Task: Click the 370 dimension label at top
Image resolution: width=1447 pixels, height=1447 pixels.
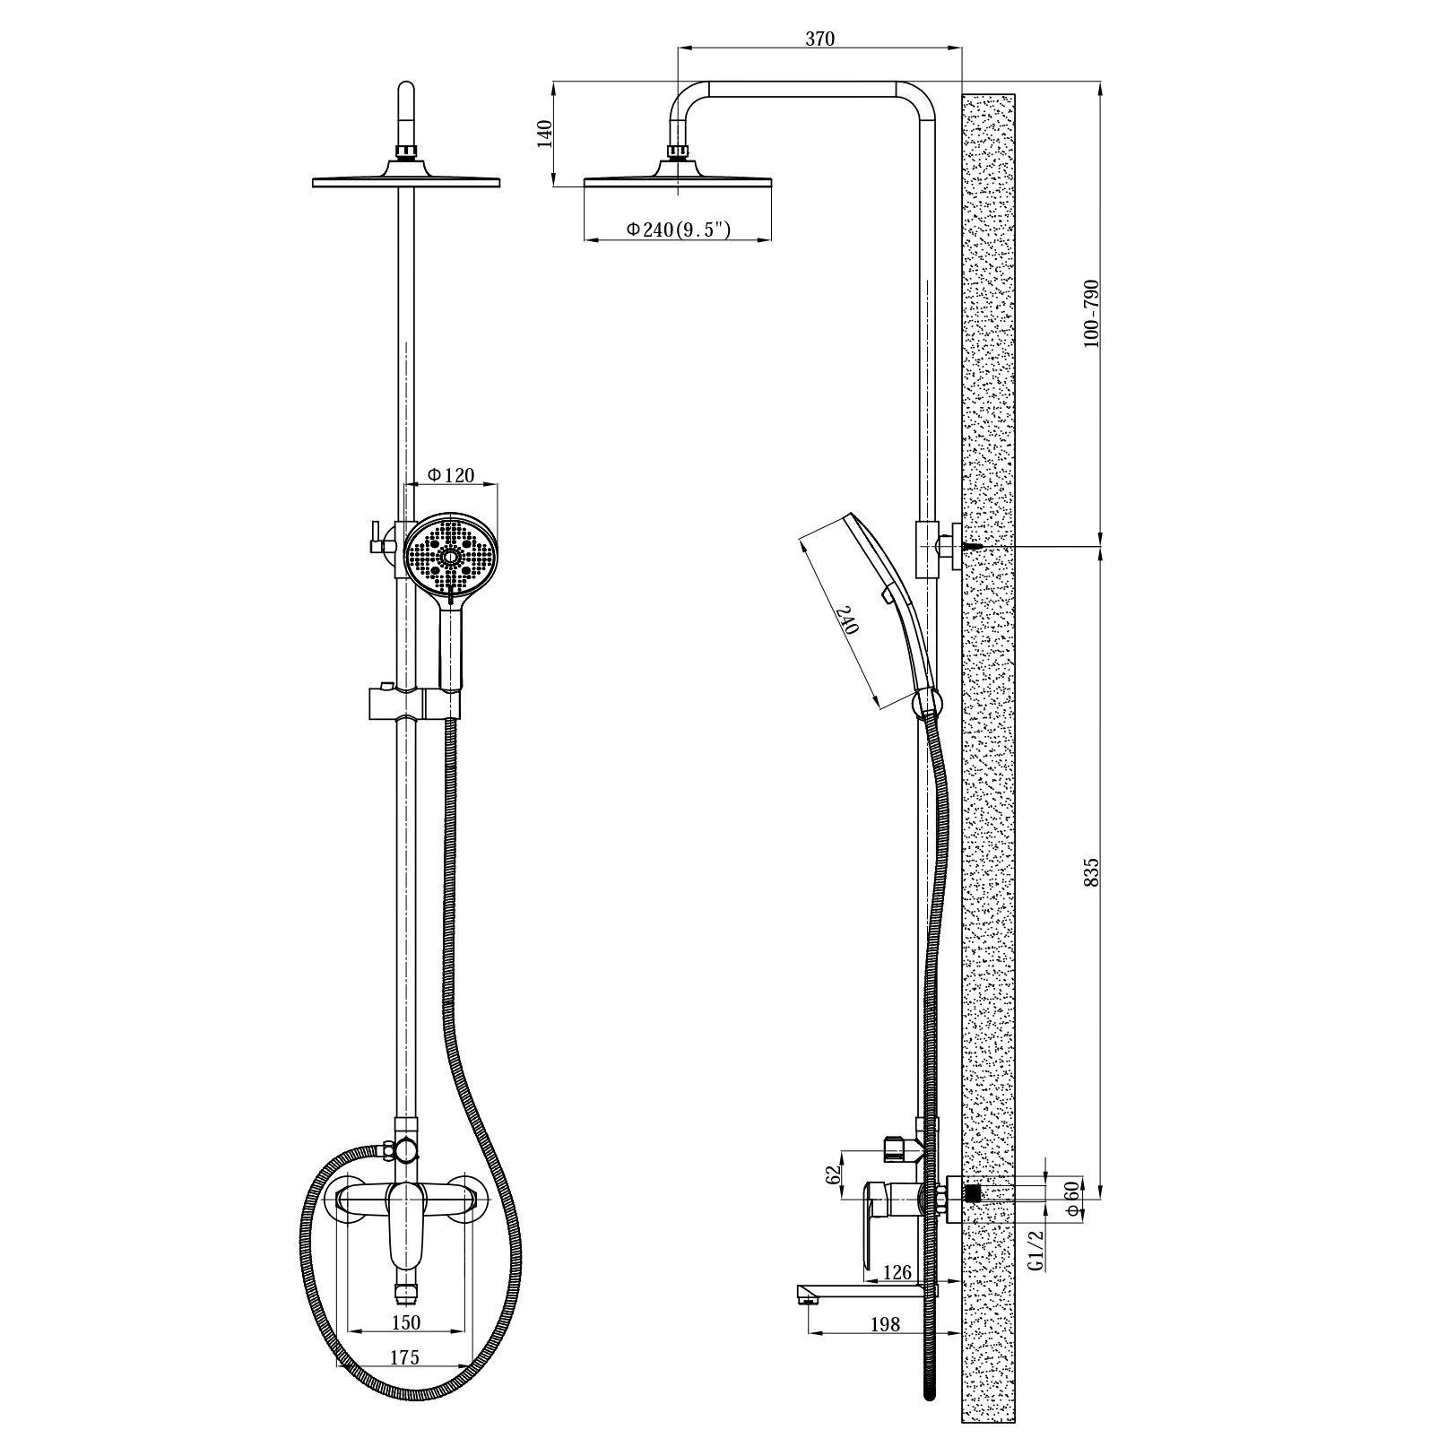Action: pyautogui.click(x=819, y=39)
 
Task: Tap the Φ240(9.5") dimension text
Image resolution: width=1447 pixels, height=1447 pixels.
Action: pyautogui.click(x=679, y=230)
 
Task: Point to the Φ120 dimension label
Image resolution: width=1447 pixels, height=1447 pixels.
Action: pyautogui.click(x=451, y=475)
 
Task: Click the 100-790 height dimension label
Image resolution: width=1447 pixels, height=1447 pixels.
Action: pyautogui.click(x=1091, y=315)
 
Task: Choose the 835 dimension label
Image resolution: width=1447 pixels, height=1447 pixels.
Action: pyautogui.click(x=1091, y=872)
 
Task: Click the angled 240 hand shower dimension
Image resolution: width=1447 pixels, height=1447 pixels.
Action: pyautogui.click(x=847, y=620)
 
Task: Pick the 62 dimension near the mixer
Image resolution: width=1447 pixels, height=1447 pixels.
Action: pyautogui.click(x=836, y=1175)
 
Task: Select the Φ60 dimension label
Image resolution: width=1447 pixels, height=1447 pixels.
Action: pyautogui.click(x=1070, y=1197)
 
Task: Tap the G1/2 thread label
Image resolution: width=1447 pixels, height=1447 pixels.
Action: pyautogui.click(x=1037, y=1251)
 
